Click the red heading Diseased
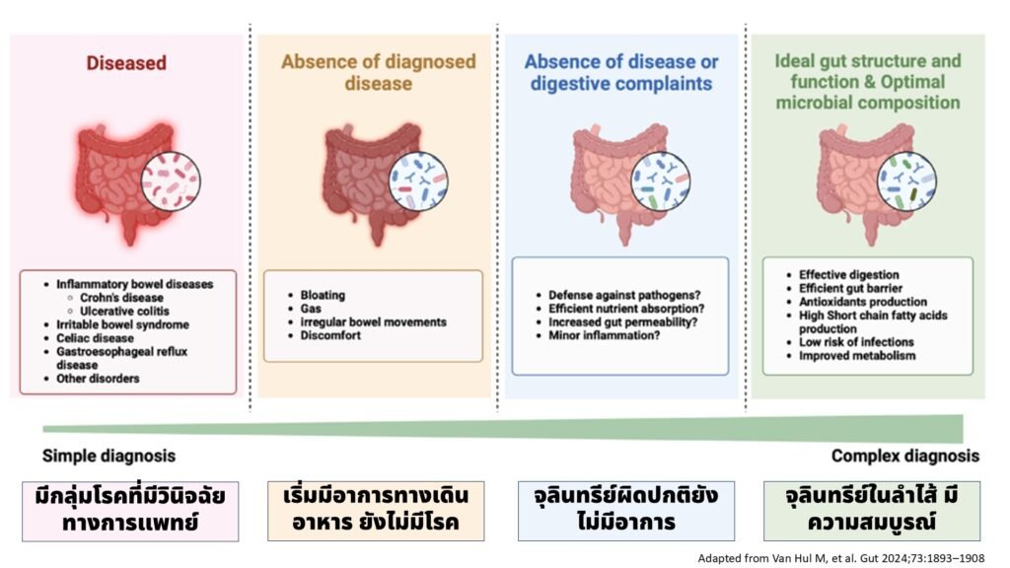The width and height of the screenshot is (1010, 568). pos(125,63)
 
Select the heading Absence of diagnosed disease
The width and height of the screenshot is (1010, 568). pos(378,72)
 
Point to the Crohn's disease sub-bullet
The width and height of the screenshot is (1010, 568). pos(122,298)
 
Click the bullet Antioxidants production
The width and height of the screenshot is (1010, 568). pos(863,302)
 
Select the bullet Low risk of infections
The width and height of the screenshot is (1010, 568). pos(856,342)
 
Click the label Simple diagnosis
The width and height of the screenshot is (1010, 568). pos(108,456)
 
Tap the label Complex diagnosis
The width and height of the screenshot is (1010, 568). pos(904,456)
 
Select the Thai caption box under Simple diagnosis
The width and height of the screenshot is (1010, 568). pos(130,510)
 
